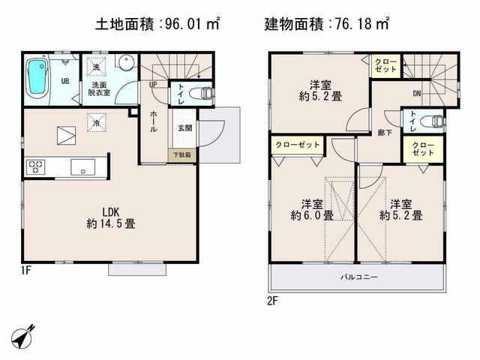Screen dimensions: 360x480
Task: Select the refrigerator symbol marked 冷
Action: pos(97,120)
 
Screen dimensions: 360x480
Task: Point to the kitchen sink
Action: pos(82,166)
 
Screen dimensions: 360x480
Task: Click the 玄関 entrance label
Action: pos(184,128)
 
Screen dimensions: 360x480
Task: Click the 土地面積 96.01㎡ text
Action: pos(157,24)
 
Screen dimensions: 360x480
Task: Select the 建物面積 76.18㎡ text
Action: pos(327,24)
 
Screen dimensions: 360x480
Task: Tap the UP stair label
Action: pos(153,85)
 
